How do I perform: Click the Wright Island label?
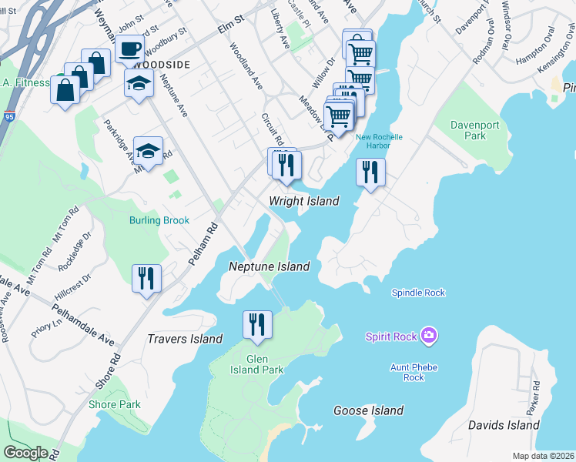pos(303,201)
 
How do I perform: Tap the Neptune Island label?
pos(269,266)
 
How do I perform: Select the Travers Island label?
pos(185,339)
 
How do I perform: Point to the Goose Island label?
pos(368,410)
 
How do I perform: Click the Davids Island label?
pos(504,425)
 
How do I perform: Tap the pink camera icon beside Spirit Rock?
pos(430,336)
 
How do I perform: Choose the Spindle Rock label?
pos(418,293)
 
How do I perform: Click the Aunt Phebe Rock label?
pos(414,372)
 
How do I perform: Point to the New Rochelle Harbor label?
pos(379,142)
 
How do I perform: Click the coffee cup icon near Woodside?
pos(129,49)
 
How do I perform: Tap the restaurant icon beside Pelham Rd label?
pos(146,278)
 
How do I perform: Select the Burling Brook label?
pos(159,220)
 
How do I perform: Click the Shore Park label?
pos(114,404)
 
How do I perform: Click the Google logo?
pos(25,453)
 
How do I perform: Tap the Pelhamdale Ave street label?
pos(85,330)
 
